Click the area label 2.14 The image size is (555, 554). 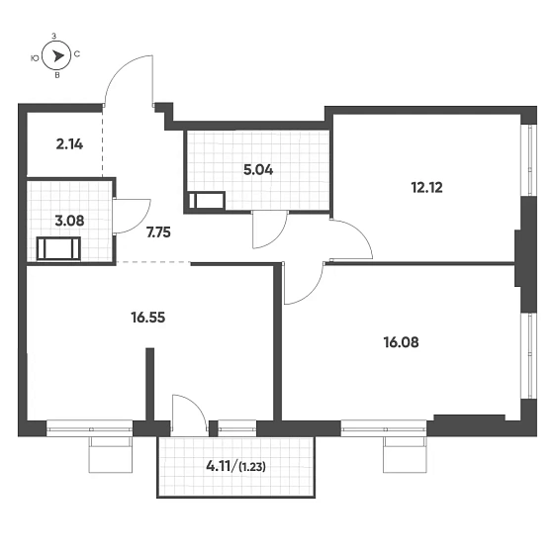[x=69, y=144]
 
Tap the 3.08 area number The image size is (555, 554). [x=69, y=221]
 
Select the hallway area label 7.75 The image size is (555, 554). [x=158, y=232]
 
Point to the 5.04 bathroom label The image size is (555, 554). [x=258, y=170]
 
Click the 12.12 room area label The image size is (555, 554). [x=426, y=188]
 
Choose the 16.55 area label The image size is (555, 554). [x=148, y=318]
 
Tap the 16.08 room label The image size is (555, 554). [x=401, y=342]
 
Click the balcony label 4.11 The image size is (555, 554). [x=219, y=467]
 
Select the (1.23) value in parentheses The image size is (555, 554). [x=252, y=467]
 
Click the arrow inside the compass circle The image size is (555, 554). [x=57, y=56]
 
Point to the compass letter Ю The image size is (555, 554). [x=35, y=58]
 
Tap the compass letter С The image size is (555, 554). [x=77, y=54]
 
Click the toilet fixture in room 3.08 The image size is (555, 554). [x=58, y=249]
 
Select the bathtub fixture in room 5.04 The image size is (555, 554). [x=207, y=201]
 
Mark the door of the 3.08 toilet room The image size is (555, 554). [x=132, y=217]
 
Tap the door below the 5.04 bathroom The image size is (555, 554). [x=270, y=230]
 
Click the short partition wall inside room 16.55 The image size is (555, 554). [x=150, y=384]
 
